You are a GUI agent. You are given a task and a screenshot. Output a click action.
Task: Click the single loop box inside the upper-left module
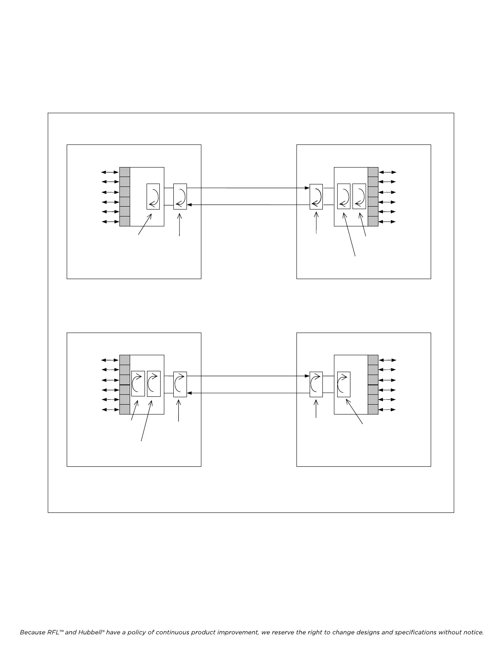coord(153,196)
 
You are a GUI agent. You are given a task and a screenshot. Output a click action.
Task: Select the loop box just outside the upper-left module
coord(180,196)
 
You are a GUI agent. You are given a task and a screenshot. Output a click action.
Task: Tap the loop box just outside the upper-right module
coord(316,197)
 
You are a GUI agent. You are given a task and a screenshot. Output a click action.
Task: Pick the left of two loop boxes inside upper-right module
coord(344,196)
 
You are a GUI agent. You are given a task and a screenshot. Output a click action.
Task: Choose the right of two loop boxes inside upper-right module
coord(359,196)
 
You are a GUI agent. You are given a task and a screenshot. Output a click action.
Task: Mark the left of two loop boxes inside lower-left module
coord(138,384)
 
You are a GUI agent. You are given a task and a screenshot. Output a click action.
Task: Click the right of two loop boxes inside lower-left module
coord(154,384)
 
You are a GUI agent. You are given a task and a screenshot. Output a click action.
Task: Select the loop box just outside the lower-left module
coord(180,384)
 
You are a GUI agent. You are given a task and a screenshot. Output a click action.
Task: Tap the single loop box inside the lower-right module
coord(344,384)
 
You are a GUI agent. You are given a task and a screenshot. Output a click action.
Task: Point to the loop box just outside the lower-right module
coord(316,384)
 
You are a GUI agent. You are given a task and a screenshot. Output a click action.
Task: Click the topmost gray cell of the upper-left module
coord(125,172)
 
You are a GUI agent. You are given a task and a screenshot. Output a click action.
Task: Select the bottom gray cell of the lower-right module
coord(373,410)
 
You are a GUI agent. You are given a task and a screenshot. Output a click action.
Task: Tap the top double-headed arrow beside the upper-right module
coord(387,172)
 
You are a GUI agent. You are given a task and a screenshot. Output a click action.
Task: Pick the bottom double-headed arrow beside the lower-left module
coord(110,410)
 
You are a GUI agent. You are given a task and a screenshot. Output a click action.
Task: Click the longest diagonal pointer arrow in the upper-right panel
coord(349,234)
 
